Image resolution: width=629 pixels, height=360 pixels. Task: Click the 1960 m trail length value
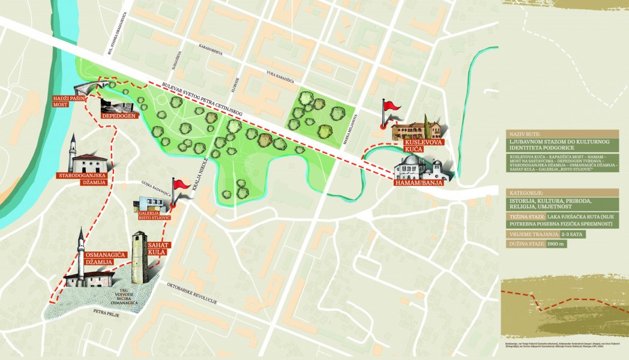click(x=556, y=244)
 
